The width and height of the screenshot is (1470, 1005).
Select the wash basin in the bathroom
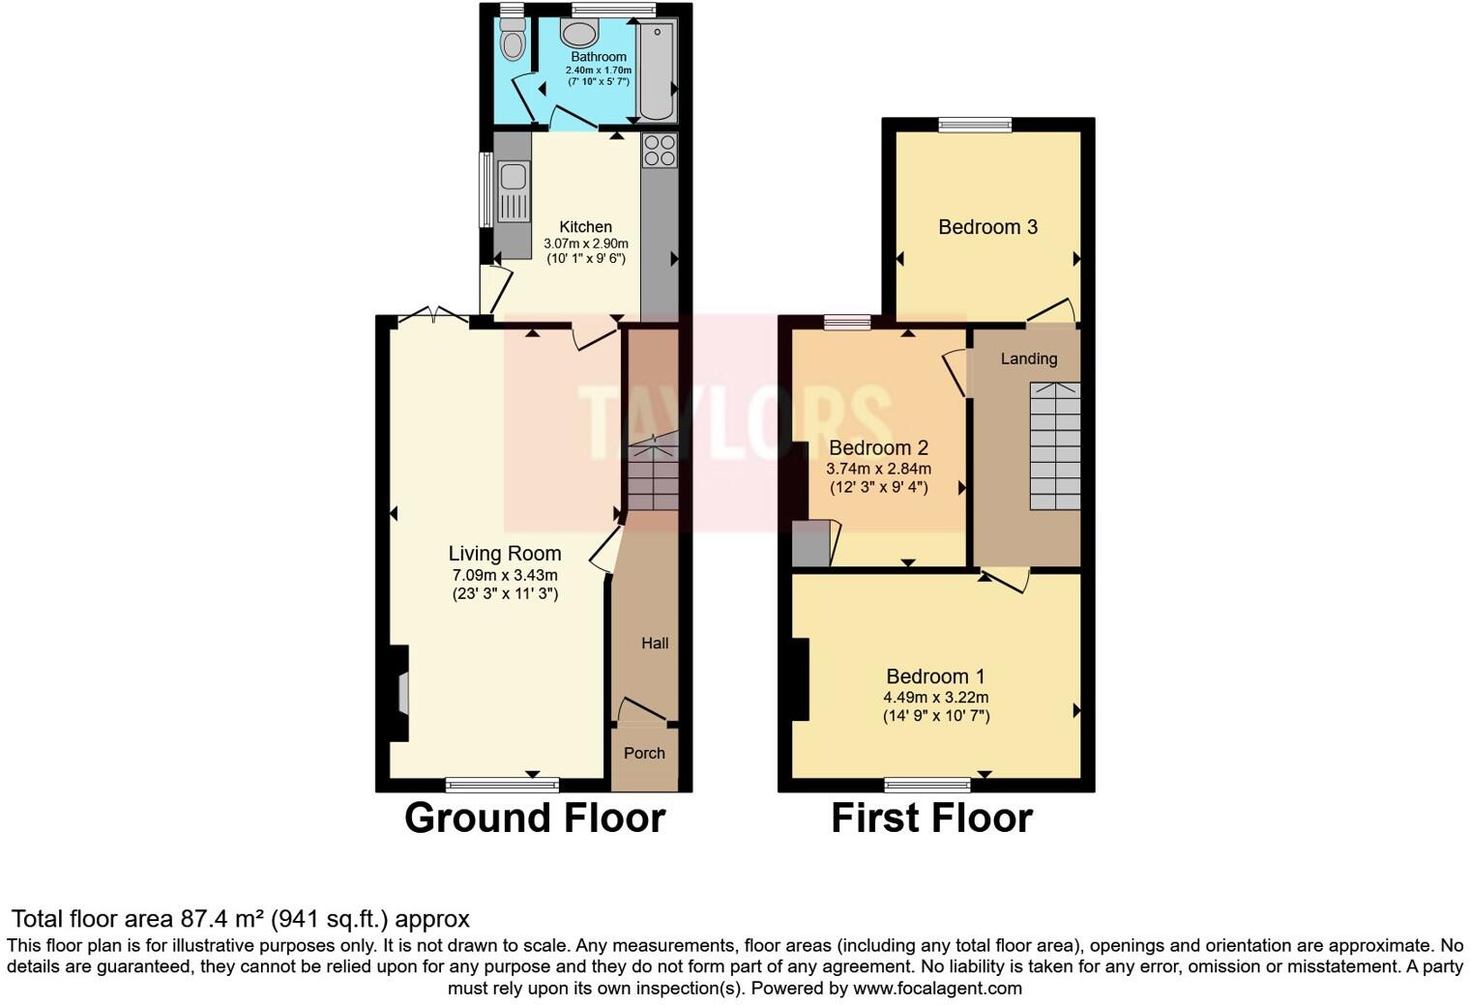tap(580, 35)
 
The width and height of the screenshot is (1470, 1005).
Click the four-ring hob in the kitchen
tap(660, 151)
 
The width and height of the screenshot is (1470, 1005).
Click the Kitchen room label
tap(585, 227)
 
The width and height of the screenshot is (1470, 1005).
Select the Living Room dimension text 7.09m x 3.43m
tap(505, 575)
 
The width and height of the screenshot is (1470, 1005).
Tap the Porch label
tap(644, 753)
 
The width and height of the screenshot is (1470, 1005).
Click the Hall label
tap(655, 643)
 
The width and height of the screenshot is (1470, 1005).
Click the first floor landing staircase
tap(1053, 445)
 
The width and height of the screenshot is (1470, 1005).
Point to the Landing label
tap(1028, 359)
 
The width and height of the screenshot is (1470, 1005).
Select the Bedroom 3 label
tap(987, 227)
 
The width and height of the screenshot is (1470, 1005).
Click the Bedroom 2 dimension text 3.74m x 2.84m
tap(878, 469)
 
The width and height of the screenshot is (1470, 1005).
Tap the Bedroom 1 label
tap(935, 676)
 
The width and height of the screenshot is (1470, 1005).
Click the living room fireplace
tap(400, 693)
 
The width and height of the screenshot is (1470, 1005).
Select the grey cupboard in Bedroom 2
tap(811, 543)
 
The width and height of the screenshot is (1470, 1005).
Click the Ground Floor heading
tap(534, 818)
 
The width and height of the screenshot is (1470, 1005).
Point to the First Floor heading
tap(931, 818)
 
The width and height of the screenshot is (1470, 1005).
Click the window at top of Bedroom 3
tap(975, 124)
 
